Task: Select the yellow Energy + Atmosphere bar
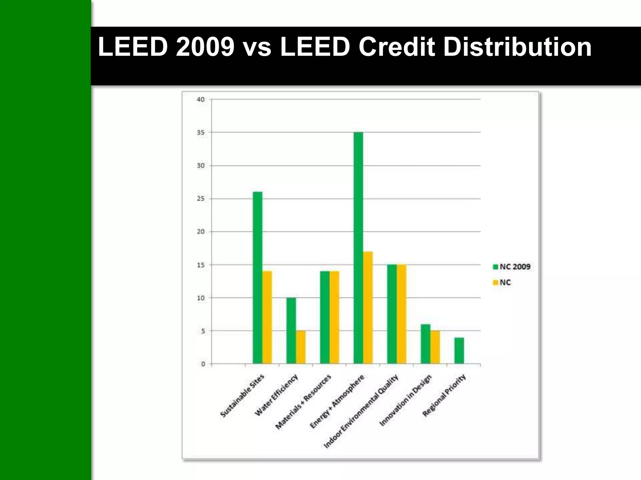tap(368, 307)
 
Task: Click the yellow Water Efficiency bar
tap(301, 347)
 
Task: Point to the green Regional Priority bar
tap(459, 350)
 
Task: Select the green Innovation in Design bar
tap(425, 344)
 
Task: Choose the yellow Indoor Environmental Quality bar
tap(402, 314)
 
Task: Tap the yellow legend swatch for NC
tap(495, 282)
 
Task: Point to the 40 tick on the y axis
tap(201, 99)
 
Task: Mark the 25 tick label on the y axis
tap(201, 199)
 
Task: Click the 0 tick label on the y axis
tap(203, 364)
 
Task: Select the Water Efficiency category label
tap(276, 395)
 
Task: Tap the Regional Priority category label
tap(444, 395)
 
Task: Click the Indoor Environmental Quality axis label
tap(361, 411)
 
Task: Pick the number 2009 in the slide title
tap(205, 47)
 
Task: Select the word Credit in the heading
tap(397, 47)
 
